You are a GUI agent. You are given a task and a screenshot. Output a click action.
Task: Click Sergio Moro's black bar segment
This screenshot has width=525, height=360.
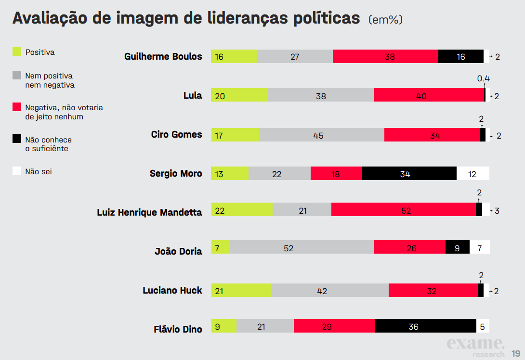[x=409, y=173]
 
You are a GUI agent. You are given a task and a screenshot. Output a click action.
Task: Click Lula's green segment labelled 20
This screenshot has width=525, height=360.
[x=239, y=95]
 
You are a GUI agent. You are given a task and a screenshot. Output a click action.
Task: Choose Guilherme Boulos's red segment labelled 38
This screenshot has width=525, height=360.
[x=385, y=56]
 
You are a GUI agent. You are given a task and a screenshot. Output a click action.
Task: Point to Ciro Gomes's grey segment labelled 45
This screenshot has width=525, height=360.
[x=321, y=135]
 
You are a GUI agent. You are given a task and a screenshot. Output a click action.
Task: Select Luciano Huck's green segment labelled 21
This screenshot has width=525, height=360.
[x=241, y=290]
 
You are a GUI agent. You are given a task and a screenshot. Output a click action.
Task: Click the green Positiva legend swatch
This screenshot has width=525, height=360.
[x=17, y=51]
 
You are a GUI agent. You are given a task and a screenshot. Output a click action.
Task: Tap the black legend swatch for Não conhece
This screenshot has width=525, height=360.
[x=17, y=139]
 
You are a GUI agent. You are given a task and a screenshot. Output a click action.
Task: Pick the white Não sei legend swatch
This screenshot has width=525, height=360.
[x=17, y=171]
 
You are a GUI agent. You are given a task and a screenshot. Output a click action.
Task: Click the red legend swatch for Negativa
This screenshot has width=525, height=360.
[x=17, y=107]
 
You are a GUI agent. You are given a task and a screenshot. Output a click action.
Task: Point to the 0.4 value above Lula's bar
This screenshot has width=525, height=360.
[x=483, y=78]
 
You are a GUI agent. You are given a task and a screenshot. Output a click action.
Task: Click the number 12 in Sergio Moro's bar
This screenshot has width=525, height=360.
[x=472, y=174]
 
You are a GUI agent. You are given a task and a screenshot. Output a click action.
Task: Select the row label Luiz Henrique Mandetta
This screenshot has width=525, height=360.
[x=149, y=212]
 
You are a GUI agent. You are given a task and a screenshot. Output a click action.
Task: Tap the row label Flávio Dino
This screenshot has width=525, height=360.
[x=178, y=329]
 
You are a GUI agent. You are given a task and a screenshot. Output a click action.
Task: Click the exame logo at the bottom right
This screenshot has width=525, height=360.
[x=475, y=344]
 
